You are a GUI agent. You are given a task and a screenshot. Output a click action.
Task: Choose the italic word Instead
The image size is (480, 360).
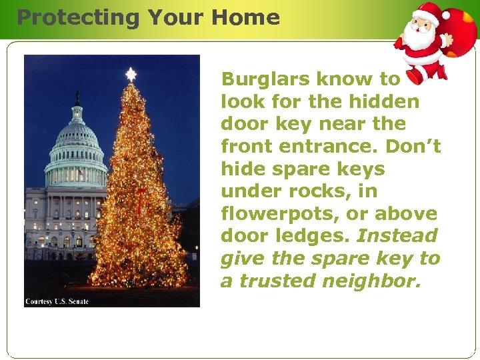397,236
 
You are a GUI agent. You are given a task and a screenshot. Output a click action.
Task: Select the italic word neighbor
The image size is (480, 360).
373,281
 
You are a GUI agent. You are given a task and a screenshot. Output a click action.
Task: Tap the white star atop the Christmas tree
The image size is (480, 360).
131,74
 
